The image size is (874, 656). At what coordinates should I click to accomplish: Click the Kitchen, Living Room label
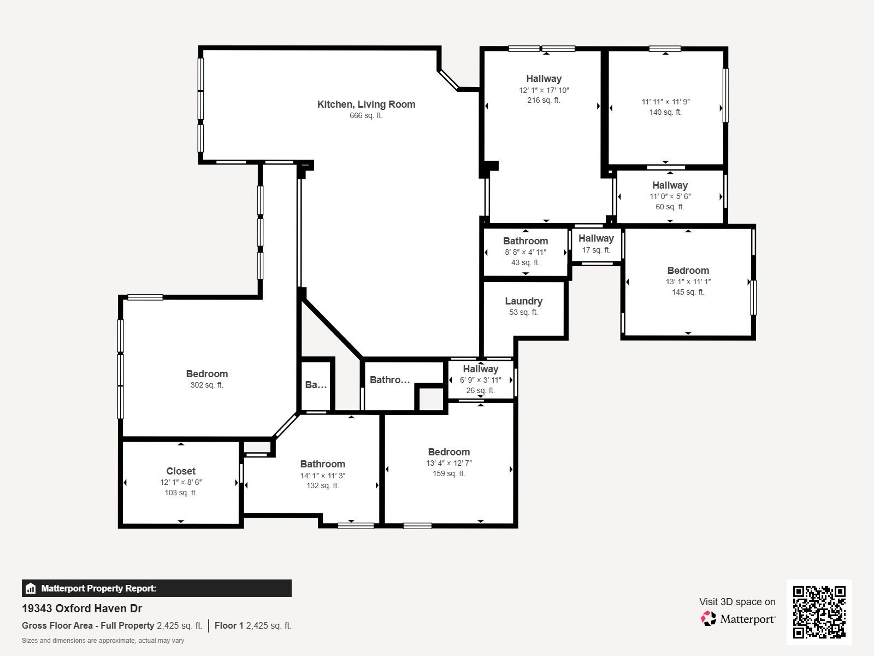coord(366,104)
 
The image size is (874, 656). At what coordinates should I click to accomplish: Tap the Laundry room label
coord(523,301)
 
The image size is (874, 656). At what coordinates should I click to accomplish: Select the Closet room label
coord(181,471)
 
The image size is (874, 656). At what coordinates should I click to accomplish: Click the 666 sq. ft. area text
coord(366,115)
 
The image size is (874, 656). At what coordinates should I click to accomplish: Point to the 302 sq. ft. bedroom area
coord(206,385)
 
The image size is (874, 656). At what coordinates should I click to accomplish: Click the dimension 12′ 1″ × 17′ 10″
coord(544,90)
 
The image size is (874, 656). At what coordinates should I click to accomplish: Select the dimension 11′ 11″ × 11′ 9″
coord(665,102)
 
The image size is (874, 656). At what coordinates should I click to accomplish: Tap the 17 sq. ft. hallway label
coord(596,250)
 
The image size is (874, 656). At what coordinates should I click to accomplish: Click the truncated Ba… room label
coord(316,384)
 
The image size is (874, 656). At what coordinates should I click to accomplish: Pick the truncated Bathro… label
coord(389,379)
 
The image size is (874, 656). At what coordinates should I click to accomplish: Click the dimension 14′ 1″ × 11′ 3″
coord(322,476)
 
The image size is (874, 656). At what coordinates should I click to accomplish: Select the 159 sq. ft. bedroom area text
coord(448,473)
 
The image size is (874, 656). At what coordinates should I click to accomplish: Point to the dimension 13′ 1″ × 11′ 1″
coord(688,282)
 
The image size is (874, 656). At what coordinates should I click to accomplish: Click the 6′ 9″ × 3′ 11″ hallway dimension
coord(480,380)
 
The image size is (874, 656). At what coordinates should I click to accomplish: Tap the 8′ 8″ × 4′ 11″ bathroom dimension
coord(525,252)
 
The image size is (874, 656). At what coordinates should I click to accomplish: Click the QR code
coord(819,612)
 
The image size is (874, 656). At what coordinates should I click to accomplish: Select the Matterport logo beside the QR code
coord(738,619)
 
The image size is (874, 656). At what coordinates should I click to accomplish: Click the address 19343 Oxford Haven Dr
coord(82,608)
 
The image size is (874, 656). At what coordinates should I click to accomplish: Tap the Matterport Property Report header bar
coord(156,588)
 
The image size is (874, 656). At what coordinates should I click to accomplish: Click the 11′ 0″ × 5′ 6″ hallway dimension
coord(670,196)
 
